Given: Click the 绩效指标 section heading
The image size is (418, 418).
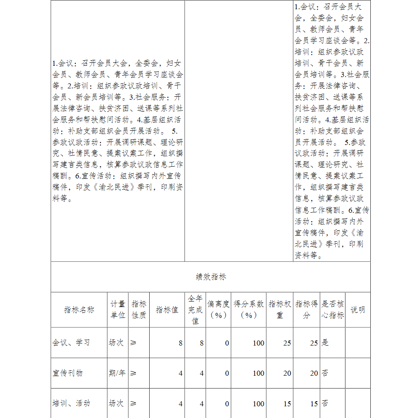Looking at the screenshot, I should [211, 277].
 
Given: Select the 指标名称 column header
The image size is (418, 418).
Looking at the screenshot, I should [79, 310].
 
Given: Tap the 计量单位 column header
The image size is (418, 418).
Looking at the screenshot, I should [118, 310].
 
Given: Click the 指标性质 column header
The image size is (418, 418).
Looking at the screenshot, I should [139, 310].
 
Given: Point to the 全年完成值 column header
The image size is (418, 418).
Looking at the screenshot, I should [195, 310].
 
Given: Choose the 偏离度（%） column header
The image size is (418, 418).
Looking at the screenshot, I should [218, 310].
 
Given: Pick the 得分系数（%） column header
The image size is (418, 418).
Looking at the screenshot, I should [249, 310].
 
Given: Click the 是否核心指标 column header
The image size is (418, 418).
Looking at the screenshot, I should [333, 310].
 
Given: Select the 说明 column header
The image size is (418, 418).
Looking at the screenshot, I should [357, 310].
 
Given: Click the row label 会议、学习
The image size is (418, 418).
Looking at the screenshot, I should [71, 343].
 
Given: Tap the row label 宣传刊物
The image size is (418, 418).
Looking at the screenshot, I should [68, 373].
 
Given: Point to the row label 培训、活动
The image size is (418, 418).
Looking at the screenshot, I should [71, 403].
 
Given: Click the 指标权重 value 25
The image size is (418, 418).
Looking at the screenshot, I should [287, 343].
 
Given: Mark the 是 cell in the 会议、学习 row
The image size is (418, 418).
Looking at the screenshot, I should [325, 343].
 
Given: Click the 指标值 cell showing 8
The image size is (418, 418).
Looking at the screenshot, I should [181, 343].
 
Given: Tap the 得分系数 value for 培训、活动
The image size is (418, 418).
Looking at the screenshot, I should [258, 404].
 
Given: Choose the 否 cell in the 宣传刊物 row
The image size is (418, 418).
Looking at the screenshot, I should [325, 373].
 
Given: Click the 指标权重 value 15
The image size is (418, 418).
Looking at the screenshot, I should [287, 404].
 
